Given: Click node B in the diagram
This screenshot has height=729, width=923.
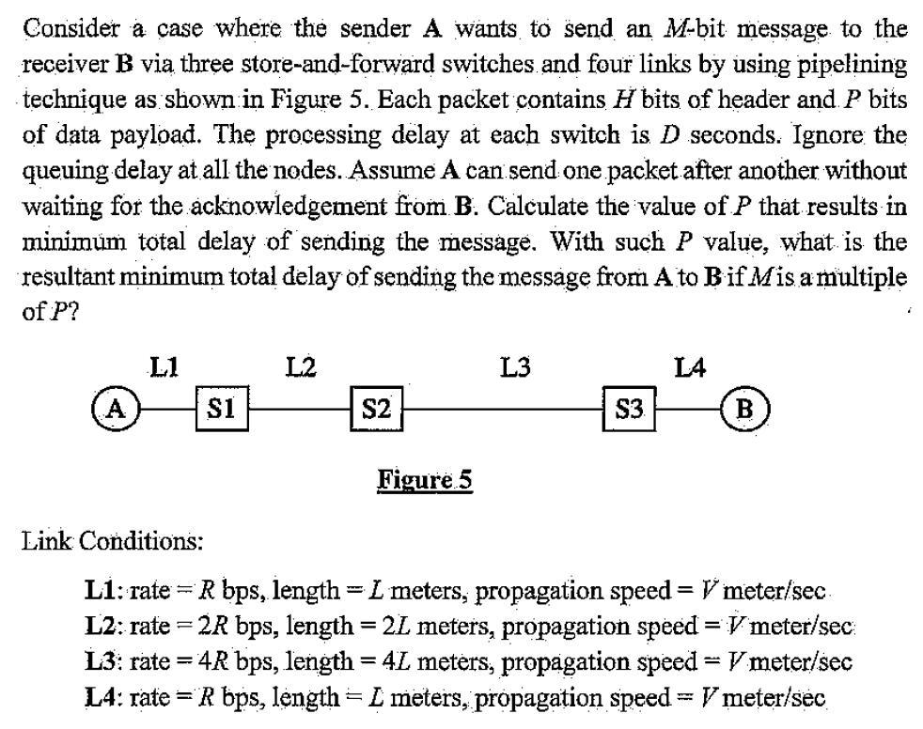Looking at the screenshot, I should pyautogui.click(x=746, y=409).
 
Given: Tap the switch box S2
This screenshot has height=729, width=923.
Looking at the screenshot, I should pyautogui.click(x=377, y=410).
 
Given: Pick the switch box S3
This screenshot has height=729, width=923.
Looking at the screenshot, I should pyautogui.click(x=629, y=410).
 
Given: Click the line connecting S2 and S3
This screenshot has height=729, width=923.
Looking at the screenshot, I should pyautogui.click(x=503, y=410).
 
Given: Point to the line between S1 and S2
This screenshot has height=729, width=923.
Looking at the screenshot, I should pyautogui.click(x=299, y=410).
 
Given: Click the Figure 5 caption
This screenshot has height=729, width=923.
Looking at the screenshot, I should pyautogui.click(x=424, y=481).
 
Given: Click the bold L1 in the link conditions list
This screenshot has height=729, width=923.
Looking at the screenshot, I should pyautogui.click(x=102, y=592).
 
